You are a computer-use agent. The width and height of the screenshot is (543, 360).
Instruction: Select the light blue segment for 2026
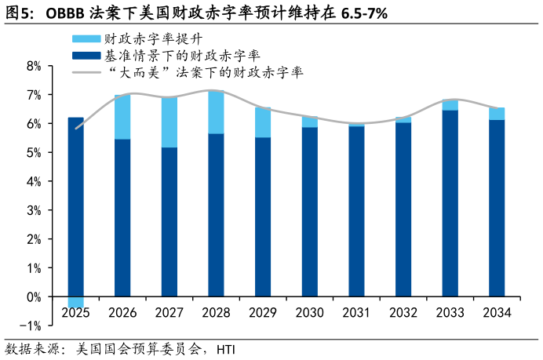[x=122, y=117]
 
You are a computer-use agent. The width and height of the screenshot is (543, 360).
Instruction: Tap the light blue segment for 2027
[x=169, y=122]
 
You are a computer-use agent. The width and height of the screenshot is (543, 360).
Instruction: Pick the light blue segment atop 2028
[x=216, y=112]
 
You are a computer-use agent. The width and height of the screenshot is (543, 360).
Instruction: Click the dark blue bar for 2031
[x=356, y=211]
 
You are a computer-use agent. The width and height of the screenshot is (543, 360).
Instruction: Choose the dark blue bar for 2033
[x=450, y=203]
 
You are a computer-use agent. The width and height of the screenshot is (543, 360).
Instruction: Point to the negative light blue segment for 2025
[x=75, y=302]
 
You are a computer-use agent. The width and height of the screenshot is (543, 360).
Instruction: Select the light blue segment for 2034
[x=497, y=114]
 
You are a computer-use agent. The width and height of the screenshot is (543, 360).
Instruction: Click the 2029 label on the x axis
[x=263, y=313]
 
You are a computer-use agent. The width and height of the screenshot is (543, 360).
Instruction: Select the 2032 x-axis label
[x=403, y=313]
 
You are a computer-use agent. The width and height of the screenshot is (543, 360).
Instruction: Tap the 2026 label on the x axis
[x=122, y=313]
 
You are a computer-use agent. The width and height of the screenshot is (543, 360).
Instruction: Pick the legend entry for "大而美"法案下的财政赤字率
[x=204, y=72]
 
